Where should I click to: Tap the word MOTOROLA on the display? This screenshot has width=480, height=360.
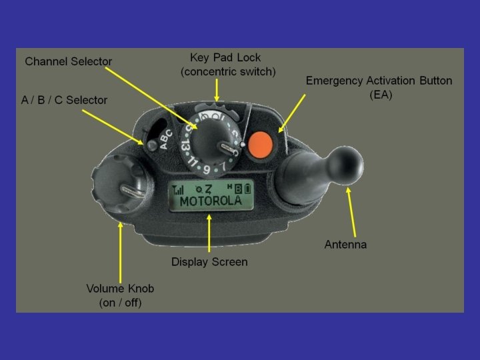(x=210, y=201)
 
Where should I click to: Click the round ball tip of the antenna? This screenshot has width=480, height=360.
(x=347, y=163)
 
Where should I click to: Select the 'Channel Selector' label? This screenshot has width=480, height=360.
(x=69, y=61)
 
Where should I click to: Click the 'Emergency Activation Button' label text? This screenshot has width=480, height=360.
(x=379, y=81)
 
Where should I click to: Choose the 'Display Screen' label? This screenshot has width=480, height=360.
(x=209, y=262)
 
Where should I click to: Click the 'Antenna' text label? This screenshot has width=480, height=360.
(x=345, y=245)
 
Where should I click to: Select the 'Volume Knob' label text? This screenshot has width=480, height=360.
(x=121, y=289)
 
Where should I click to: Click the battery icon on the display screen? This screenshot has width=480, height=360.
(x=248, y=189)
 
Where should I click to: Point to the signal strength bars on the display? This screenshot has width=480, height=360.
(x=179, y=189)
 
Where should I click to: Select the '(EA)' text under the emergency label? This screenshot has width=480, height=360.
(x=379, y=95)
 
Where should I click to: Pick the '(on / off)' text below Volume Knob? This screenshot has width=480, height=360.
(x=121, y=303)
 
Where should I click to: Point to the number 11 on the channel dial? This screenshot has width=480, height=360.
(x=194, y=161)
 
